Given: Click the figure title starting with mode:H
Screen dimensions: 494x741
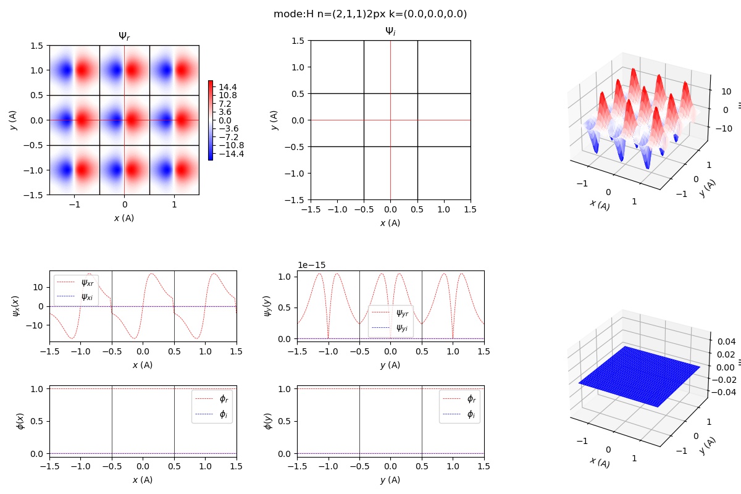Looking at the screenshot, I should point(370,14).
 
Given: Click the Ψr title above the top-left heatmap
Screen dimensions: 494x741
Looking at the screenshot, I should point(124,36).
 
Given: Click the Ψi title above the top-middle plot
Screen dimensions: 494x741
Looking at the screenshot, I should point(390,31).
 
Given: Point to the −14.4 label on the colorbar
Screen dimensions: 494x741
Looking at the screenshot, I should point(229,154).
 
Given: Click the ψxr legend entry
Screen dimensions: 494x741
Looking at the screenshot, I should point(87,283).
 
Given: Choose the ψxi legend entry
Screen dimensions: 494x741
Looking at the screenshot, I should point(87,296).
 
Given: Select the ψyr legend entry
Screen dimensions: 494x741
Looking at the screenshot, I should point(402,313).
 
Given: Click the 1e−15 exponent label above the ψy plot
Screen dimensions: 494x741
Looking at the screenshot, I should point(312,265).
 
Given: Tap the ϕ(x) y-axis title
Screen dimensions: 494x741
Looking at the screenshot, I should point(21,421).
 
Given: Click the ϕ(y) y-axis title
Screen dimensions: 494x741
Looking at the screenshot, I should point(268,421).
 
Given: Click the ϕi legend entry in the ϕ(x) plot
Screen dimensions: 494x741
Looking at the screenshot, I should point(223,415).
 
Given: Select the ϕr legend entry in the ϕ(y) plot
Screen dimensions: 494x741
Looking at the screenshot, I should point(471,399).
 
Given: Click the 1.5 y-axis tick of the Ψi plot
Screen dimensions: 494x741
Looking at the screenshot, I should point(298,41).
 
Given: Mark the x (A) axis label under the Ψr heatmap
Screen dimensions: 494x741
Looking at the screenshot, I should point(124,218).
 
